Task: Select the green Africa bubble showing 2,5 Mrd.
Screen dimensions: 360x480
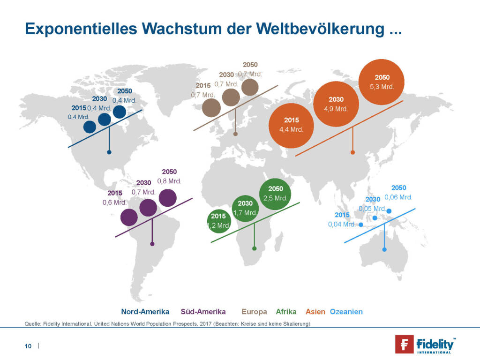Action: [x=275, y=194]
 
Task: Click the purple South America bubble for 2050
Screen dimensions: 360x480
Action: [x=168, y=197]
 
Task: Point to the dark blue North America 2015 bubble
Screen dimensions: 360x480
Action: [x=90, y=127]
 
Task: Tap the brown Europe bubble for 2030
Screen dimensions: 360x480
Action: [x=231, y=97]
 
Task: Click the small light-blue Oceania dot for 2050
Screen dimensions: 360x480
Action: [x=389, y=210]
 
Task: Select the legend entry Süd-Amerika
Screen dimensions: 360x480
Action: [x=203, y=312]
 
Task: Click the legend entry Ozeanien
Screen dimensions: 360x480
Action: [x=346, y=312]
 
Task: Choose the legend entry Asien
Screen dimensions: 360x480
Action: [x=315, y=312]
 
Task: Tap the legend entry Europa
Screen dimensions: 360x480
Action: [x=254, y=312]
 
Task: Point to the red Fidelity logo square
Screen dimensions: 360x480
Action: [x=404, y=344]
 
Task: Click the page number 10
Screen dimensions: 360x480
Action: [x=28, y=346]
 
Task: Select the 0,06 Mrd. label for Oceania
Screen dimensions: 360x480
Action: [x=398, y=197]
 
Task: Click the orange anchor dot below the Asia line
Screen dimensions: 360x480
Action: [x=352, y=152]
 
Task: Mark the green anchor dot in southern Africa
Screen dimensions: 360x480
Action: [x=254, y=248]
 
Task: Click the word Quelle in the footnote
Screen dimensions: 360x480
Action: [x=32, y=324]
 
